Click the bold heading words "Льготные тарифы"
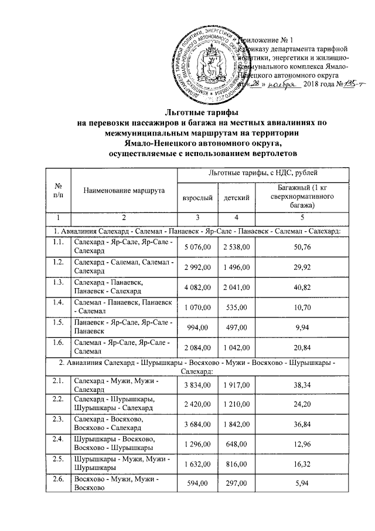pos(187,111)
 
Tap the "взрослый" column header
pos(197,200)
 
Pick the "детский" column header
pos(237,200)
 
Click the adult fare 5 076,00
pos(197,246)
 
